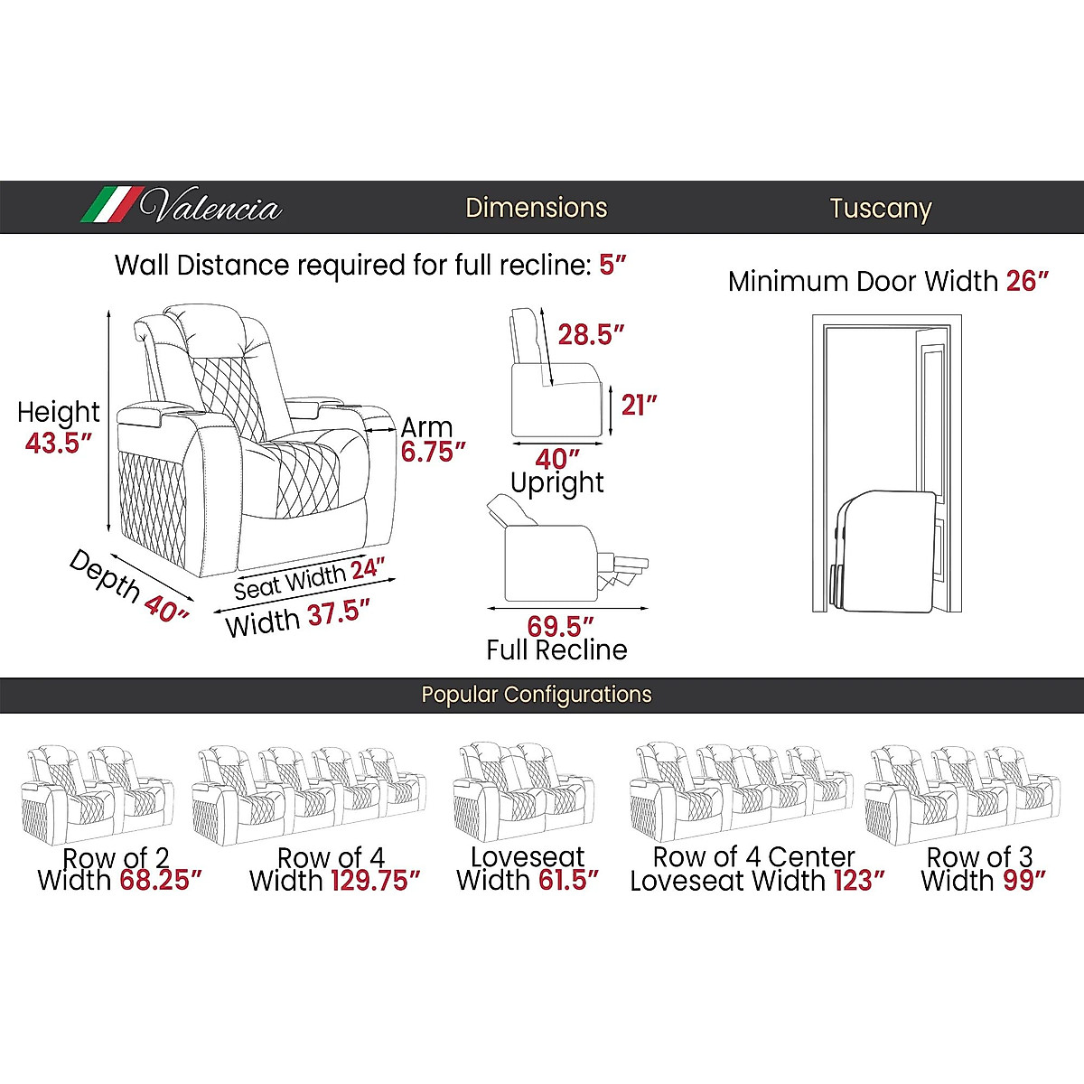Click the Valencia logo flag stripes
click(x=110, y=205)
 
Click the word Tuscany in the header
click(x=880, y=209)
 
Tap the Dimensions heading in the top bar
click(x=537, y=208)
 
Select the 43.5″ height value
click(x=59, y=444)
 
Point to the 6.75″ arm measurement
click(x=433, y=452)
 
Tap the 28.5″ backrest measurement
click(x=591, y=335)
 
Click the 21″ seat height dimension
click(x=639, y=405)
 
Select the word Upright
click(x=557, y=483)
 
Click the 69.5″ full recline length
click(x=560, y=626)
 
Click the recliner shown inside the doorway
click(x=884, y=549)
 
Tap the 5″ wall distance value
click(x=612, y=266)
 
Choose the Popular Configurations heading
click(x=537, y=695)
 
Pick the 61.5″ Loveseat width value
click(x=567, y=881)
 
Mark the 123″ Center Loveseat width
click(x=859, y=881)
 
